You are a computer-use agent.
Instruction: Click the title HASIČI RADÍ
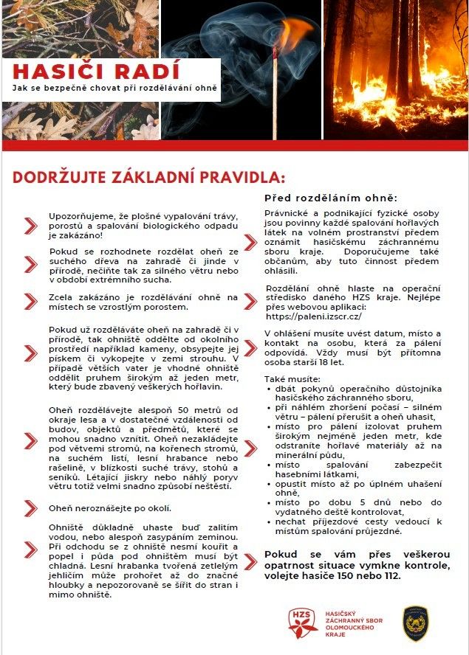tap(96, 71)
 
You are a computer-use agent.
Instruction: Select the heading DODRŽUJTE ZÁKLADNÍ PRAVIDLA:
tap(148, 179)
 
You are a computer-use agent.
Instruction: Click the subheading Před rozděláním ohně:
tap(331, 198)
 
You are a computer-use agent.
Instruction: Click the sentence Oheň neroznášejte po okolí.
tap(110, 508)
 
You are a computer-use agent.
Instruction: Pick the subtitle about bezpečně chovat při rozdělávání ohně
tap(115, 89)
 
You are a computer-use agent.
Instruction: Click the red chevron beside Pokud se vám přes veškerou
tap(250, 564)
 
